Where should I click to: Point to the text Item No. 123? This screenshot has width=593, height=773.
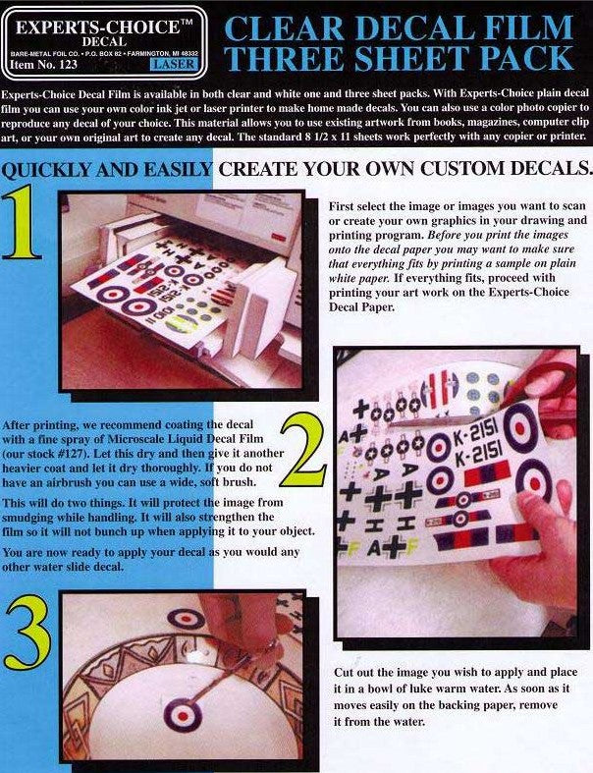pos(42,66)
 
